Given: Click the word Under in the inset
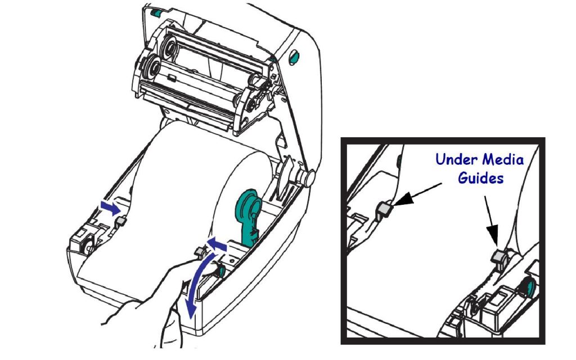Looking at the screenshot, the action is tap(457, 159).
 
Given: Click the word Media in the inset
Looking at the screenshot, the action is tap(503, 159).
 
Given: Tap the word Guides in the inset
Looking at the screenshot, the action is tap(480, 178).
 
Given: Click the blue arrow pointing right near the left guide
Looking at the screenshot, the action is tap(110, 208).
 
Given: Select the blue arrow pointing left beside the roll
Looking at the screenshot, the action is tap(217, 244).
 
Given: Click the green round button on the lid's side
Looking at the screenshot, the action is tap(294, 57).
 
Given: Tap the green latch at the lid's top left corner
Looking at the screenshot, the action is tap(155, 13).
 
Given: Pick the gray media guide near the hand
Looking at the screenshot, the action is tap(200, 251).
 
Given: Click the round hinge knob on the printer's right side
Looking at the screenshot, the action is tap(308, 177).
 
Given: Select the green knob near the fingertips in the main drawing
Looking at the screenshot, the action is tap(222, 271).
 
